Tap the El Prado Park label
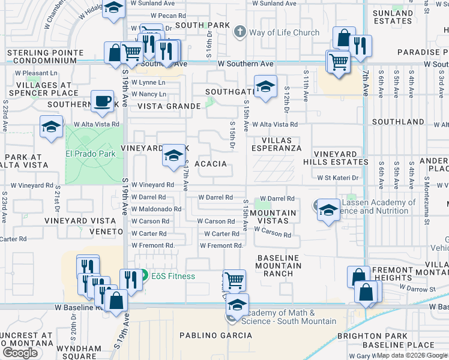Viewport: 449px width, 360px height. [x=90, y=153]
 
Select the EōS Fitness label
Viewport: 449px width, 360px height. [x=172, y=276]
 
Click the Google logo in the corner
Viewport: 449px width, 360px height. [x=20, y=353]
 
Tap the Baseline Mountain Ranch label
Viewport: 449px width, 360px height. [x=278, y=266]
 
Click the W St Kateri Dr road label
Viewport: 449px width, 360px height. [x=337, y=178]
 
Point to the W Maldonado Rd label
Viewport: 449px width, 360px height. [x=156, y=209]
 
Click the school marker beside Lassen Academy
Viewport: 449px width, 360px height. [x=328, y=210]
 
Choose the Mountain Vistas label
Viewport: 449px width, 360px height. [x=273, y=217]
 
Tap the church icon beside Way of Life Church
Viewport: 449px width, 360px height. [x=240, y=32]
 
